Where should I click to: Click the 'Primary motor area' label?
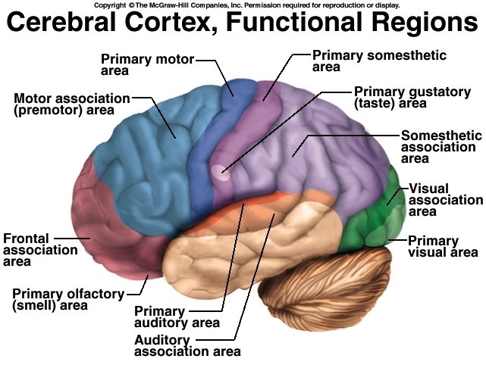click(x=147, y=64)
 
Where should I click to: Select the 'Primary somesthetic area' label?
click(x=379, y=61)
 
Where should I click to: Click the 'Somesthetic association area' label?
click(x=441, y=147)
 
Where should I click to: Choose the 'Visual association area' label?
click(x=445, y=200)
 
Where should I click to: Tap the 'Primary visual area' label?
click(x=443, y=247)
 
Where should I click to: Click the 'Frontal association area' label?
click(x=27, y=250)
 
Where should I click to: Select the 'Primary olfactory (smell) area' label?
click(x=60, y=300)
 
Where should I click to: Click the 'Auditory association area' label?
click(x=187, y=345)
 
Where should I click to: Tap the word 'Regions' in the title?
click(x=422, y=22)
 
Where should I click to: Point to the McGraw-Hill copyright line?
click(x=242, y=5)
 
